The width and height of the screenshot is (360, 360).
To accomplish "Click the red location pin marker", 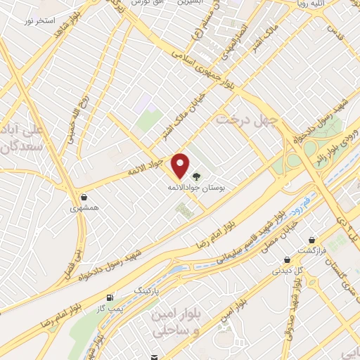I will tap(181, 165).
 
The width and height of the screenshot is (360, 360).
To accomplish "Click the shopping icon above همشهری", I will tap(84, 197).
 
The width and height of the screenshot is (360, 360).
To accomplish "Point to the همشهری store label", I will tap(84, 209).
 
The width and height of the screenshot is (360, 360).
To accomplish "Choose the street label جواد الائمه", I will tap(146, 167).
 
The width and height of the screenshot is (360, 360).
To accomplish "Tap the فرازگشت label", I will tap(311, 251).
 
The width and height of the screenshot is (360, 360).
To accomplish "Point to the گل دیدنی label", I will tap(288, 270).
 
